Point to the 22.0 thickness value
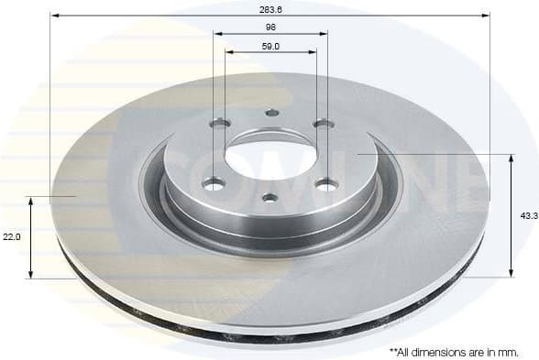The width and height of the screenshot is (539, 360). pos(11,235)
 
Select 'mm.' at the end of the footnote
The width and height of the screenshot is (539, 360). pos(508,351)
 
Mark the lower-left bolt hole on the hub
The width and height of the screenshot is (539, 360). pos(214,184)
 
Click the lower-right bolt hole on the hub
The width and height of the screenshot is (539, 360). pos(324,184)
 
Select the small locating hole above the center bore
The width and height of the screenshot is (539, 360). pos(270,114)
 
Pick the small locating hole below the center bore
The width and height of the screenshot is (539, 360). pos(269,196)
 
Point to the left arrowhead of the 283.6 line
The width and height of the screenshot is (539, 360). pos(53,16)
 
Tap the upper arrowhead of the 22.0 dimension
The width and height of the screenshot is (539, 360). pos(31,200)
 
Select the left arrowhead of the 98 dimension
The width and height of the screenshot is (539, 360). pos(218,34)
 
